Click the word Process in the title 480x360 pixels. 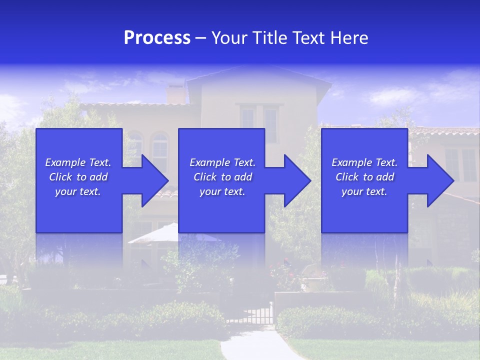[x=157, y=38]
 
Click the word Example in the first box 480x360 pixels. [x=65, y=162]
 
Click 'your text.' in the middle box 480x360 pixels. [x=222, y=191]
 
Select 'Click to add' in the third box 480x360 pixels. [x=364, y=177]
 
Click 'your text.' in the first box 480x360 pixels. [x=78, y=191]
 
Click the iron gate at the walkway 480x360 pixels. [x=255, y=313]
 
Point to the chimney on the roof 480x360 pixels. [x=174, y=94]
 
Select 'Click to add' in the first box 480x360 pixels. [x=78, y=177]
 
